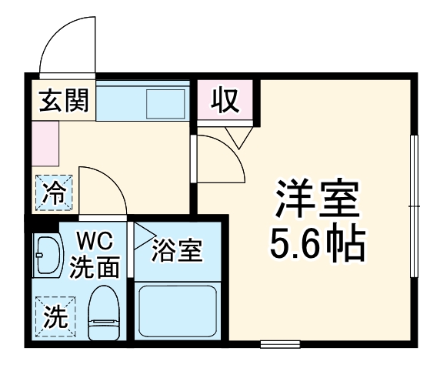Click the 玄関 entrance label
click(64, 101)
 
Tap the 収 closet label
click(226, 101)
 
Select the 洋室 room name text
click(318, 199)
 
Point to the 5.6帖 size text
click(318, 243)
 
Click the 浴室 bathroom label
click(177, 251)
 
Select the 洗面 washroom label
click(95, 266)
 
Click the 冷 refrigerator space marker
click(54, 192)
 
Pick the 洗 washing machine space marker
click(56, 316)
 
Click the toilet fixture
click(103, 313)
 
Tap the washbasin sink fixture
click(47, 255)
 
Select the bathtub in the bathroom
click(178, 311)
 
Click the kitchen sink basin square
click(165, 104)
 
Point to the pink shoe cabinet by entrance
click(45, 143)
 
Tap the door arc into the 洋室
click(231, 149)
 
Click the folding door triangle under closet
click(238, 138)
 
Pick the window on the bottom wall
click(280, 344)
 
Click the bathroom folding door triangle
click(145, 236)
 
